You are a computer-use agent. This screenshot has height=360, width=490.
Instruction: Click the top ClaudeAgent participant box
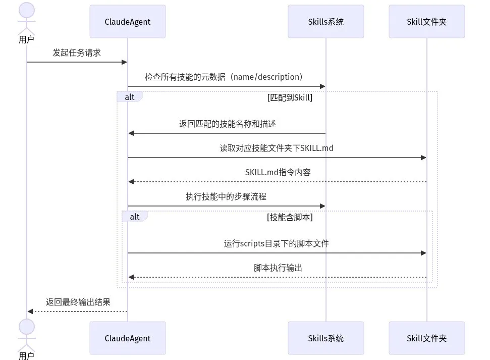(128, 22)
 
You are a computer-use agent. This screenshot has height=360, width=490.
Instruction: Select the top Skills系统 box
(326, 22)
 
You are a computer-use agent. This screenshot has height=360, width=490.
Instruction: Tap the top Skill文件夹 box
(427, 22)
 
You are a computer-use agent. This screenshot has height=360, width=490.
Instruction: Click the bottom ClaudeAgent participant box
(128, 338)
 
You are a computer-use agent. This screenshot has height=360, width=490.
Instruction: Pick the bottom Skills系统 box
(326, 338)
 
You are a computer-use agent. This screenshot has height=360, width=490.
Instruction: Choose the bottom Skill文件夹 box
(427, 338)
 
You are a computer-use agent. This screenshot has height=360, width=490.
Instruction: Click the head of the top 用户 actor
(27, 10)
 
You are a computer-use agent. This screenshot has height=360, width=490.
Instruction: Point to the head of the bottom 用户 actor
(27, 327)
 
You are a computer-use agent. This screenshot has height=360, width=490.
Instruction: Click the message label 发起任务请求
(77, 53)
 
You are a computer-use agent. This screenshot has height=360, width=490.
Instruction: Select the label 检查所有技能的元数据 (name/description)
(224, 77)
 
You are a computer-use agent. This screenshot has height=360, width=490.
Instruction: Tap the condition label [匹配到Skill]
(290, 97)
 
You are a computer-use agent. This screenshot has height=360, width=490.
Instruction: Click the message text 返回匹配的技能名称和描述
(228, 124)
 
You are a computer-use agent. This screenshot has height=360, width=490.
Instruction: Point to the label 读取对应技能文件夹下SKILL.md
(277, 148)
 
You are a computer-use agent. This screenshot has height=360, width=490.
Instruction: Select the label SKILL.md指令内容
(278, 172)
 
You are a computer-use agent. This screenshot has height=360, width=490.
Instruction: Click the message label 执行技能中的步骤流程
(226, 196)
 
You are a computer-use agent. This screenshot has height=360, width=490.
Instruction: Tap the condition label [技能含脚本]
(290, 218)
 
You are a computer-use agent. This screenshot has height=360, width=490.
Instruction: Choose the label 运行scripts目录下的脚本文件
(276, 243)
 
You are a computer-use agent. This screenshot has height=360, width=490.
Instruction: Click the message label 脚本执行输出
(278, 268)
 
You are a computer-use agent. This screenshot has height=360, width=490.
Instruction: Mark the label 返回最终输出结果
(78, 302)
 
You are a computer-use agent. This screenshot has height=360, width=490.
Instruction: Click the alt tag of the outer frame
(130, 97)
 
